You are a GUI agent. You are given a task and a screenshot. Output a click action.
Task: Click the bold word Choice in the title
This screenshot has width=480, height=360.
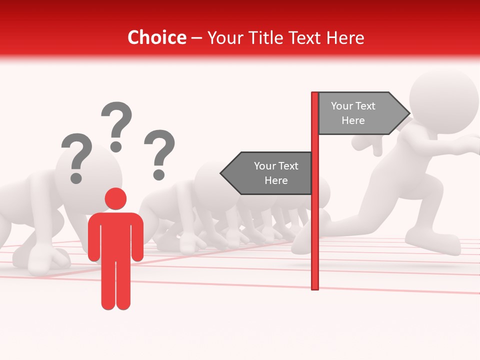[156, 38]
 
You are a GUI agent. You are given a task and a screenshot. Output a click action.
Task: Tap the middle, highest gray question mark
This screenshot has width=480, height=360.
[116, 125]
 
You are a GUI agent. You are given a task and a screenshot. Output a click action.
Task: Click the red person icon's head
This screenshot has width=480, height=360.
[115, 198]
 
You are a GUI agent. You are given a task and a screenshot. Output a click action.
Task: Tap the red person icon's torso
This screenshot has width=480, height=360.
[115, 235]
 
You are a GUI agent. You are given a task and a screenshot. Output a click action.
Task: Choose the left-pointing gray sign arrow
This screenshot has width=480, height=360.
[267, 173]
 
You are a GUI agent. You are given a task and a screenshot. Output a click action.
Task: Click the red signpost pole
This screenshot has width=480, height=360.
[315, 225]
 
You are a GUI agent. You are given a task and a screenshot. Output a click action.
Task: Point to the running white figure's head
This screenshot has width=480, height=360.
[443, 98]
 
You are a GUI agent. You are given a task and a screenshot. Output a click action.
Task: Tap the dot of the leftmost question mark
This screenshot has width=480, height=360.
[76, 177]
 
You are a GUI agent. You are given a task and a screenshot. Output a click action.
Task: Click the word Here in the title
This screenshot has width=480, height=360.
[345, 38]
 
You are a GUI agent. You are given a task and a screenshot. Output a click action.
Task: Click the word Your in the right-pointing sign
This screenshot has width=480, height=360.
[342, 106]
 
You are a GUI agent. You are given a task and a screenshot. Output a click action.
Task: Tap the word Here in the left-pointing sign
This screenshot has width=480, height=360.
[276, 180]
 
